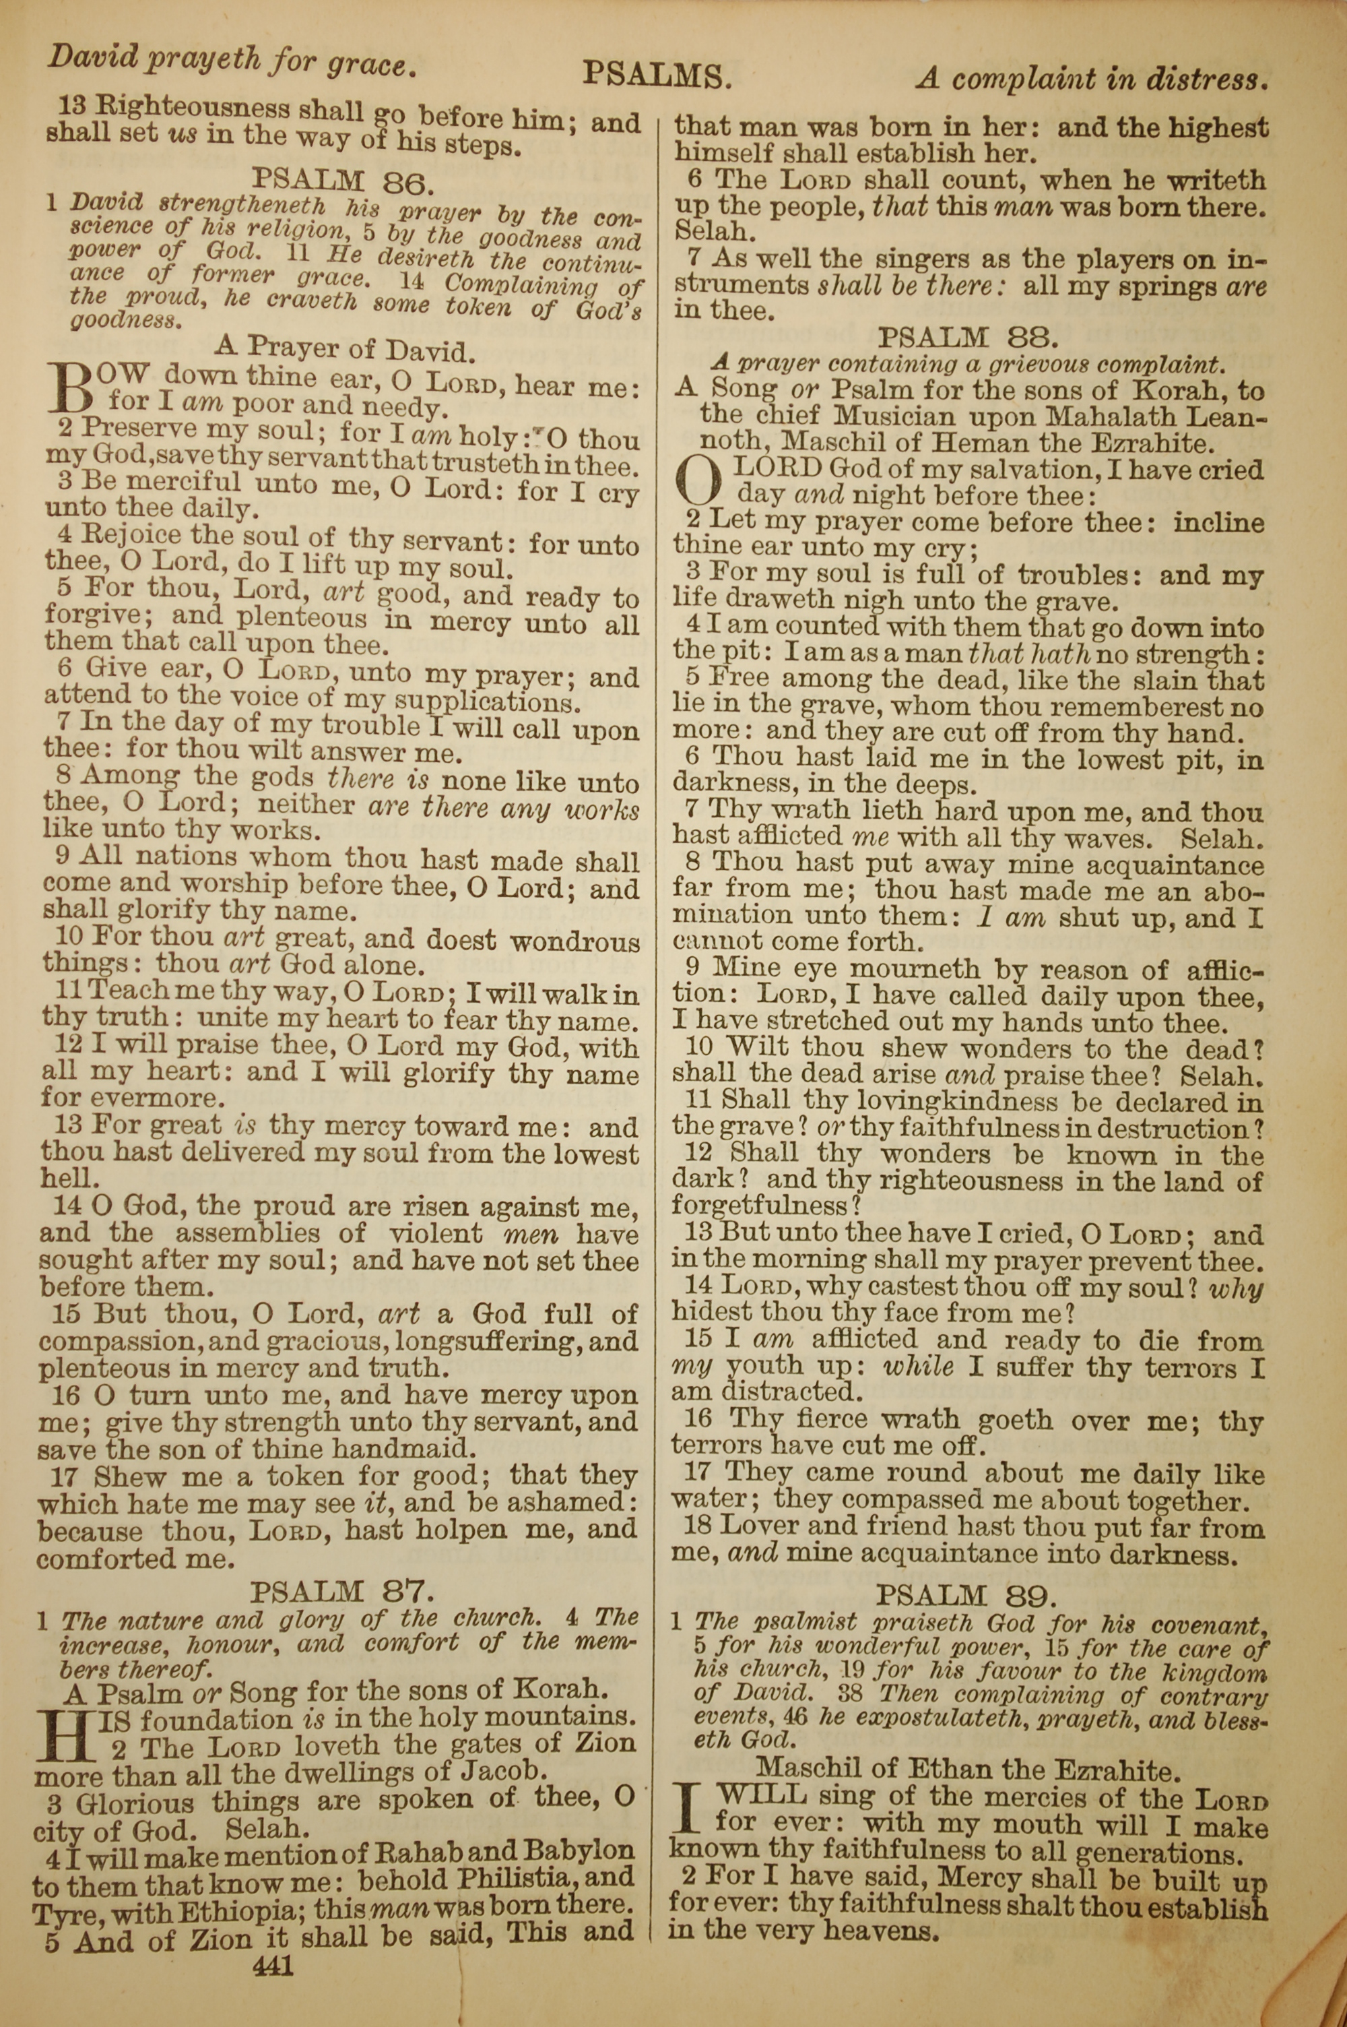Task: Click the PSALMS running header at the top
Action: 657,75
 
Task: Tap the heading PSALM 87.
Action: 343,1592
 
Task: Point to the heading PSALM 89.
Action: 964,1596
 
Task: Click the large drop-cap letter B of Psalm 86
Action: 71,387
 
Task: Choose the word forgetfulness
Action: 760,1208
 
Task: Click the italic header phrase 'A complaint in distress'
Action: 1091,80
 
